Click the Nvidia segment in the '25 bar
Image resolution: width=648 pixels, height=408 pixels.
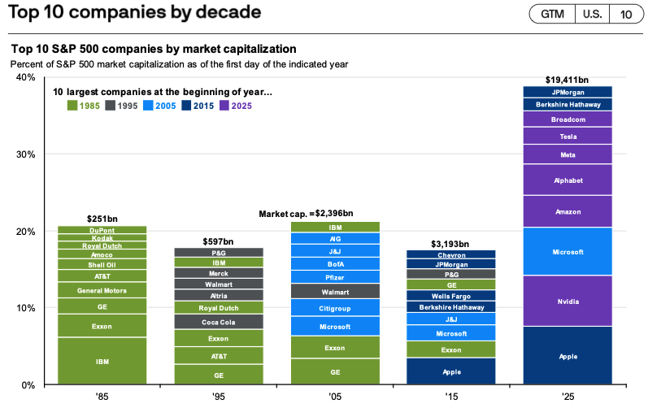pyautogui.click(x=568, y=301)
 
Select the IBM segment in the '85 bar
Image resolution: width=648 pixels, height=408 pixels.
pyautogui.click(x=102, y=360)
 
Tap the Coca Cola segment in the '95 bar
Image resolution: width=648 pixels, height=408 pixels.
pyautogui.click(x=219, y=322)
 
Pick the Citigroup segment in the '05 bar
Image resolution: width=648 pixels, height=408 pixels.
pyautogui.click(x=335, y=307)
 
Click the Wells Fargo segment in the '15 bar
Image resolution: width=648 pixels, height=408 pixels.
pyautogui.click(x=451, y=296)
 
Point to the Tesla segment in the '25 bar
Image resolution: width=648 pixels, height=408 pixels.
pyautogui.click(x=568, y=136)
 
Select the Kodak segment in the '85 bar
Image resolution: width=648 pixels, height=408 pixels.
pyautogui.click(x=102, y=238)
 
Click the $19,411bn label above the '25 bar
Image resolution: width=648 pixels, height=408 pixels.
pyautogui.click(x=568, y=80)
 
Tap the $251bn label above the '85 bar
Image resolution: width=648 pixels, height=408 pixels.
pyautogui.click(x=102, y=219)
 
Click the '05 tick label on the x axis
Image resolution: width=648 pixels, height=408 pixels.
pyautogui.click(x=335, y=397)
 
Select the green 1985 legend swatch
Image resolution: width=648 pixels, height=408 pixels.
pyautogui.click(x=72, y=105)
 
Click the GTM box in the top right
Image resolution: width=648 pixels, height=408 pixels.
pyautogui.click(x=551, y=14)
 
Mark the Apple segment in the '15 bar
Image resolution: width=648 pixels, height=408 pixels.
pyautogui.click(x=451, y=371)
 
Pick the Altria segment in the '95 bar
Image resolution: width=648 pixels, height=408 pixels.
pyautogui.click(x=219, y=296)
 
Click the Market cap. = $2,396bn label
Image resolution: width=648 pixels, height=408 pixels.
pyautogui.click(x=306, y=214)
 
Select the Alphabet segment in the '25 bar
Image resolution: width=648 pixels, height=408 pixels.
pyautogui.click(x=568, y=180)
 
